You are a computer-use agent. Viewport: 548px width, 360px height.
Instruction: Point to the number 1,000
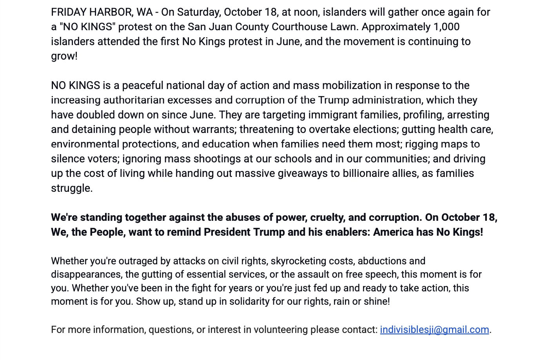click(446, 27)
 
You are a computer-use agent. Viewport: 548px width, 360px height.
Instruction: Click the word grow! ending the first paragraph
click(64, 56)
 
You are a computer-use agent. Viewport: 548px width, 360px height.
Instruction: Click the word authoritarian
click(134, 100)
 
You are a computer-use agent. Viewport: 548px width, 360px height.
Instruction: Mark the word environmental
click(85, 144)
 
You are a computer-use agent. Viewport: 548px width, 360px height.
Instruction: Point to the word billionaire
click(368, 173)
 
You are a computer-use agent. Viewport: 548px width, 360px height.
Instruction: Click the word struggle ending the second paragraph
click(71, 188)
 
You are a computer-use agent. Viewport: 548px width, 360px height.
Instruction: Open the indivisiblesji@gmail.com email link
click(434, 330)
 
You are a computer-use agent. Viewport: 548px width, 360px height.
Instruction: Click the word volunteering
click(281, 330)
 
